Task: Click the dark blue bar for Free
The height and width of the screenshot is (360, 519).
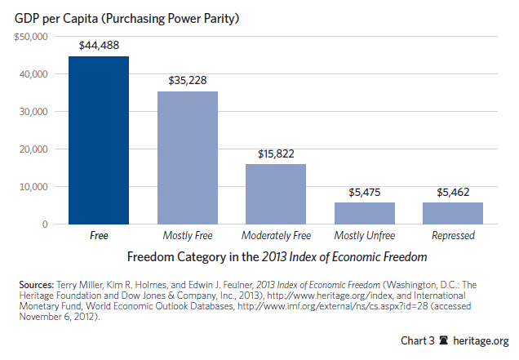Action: (99, 140)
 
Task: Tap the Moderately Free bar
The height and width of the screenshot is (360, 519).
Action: (276, 193)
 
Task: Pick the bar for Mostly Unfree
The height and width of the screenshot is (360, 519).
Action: (365, 213)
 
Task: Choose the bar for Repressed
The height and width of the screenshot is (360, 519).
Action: (453, 213)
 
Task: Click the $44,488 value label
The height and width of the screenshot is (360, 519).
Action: (99, 46)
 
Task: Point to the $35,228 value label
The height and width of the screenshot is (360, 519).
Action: (188, 80)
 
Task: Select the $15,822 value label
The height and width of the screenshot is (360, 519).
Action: (276, 153)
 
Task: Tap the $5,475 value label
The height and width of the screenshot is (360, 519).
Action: (365, 192)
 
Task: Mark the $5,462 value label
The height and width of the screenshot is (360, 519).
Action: (453, 192)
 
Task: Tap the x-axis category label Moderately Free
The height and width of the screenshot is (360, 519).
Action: (276, 236)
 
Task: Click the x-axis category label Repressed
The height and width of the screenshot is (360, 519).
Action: (453, 236)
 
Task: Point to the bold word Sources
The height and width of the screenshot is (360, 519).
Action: (40, 284)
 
